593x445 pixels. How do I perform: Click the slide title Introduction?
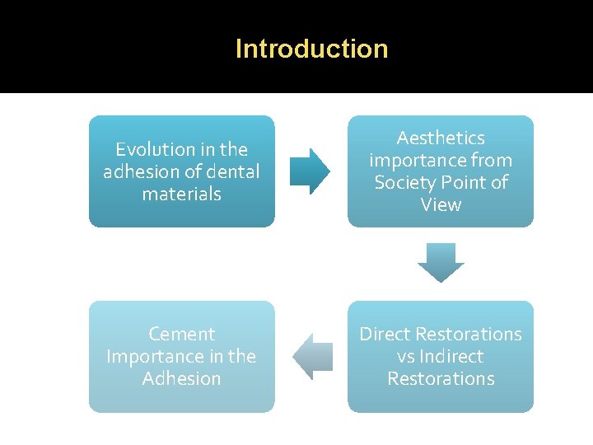311,49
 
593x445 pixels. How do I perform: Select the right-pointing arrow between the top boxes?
309,171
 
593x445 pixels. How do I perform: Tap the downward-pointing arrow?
441,262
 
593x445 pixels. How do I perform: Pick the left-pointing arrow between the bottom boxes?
313,357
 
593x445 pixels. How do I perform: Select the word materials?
181,194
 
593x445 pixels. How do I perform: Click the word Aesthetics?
441,138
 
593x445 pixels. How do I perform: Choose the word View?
441,204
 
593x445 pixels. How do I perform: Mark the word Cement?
181,334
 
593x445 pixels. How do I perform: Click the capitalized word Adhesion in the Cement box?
181,379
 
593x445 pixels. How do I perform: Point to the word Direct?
385,334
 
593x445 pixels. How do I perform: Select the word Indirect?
451,356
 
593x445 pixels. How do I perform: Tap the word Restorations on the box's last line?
441,379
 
